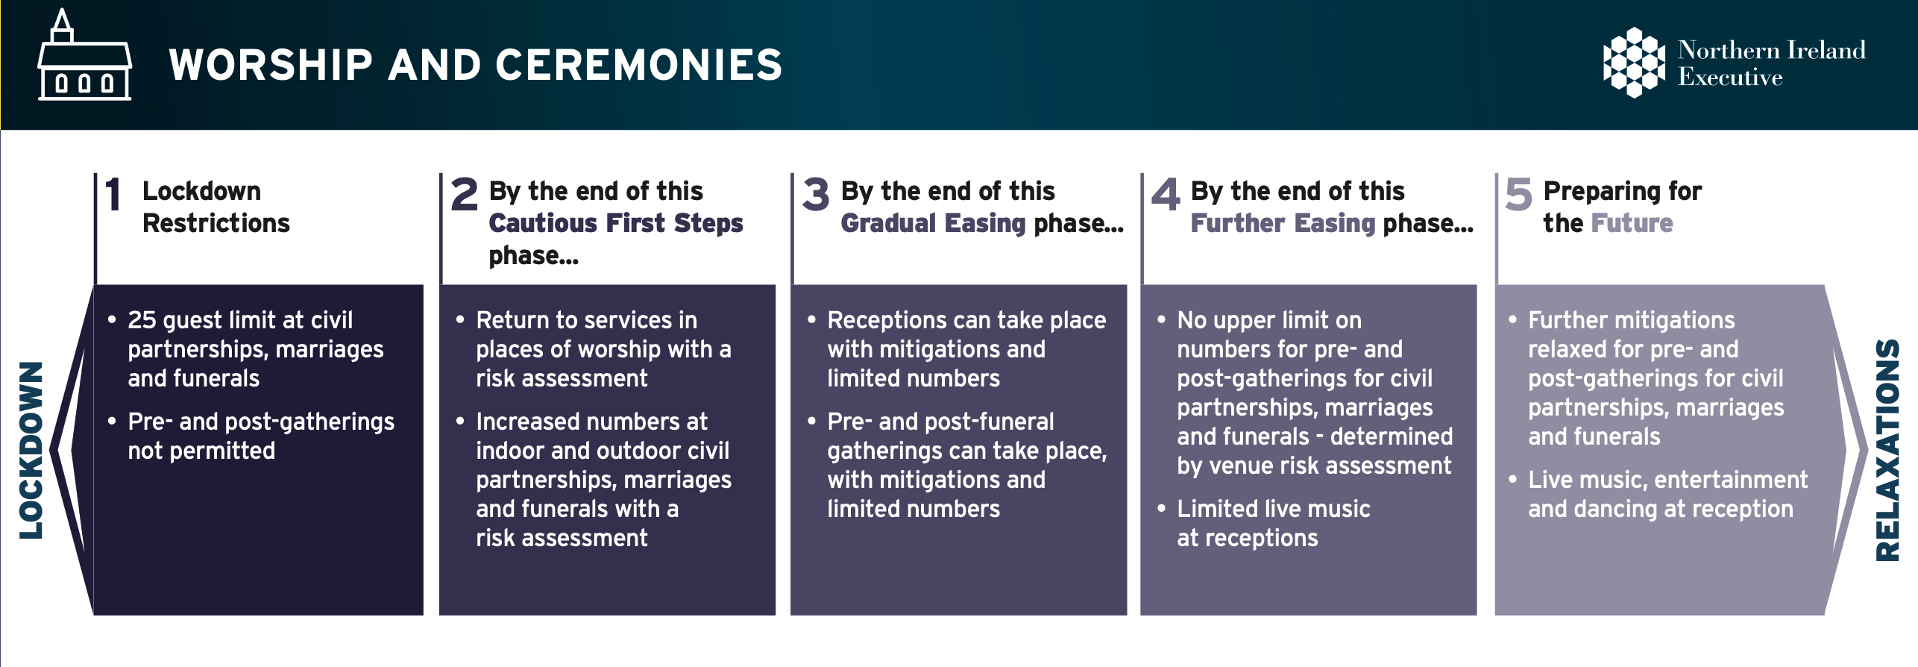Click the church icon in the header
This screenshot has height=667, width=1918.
click(x=84, y=55)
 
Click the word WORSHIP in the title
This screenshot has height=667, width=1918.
click(x=271, y=65)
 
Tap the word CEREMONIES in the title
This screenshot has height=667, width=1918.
click(x=638, y=65)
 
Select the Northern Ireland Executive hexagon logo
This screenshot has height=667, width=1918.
click(x=1634, y=63)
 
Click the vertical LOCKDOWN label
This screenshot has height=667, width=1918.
click(x=31, y=451)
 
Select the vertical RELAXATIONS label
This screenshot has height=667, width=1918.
click(x=1887, y=451)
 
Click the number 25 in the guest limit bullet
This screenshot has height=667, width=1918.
click(x=142, y=320)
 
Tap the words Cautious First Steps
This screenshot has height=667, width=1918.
click(x=616, y=223)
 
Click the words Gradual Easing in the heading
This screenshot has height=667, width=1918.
click(x=934, y=223)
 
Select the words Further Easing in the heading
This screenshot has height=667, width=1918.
click(x=1283, y=223)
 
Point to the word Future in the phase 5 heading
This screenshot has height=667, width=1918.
click(x=1632, y=223)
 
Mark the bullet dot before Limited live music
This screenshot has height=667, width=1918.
click(x=1161, y=509)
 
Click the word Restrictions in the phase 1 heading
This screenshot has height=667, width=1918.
click(x=216, y=223)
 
